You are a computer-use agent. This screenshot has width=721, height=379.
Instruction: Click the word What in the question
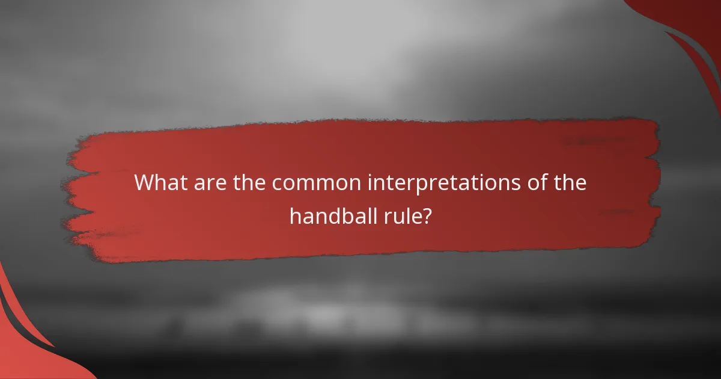pyautogui.click(x=158, y=183)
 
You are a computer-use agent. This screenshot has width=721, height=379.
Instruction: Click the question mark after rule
pyautogui.click(x=427, y=215)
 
